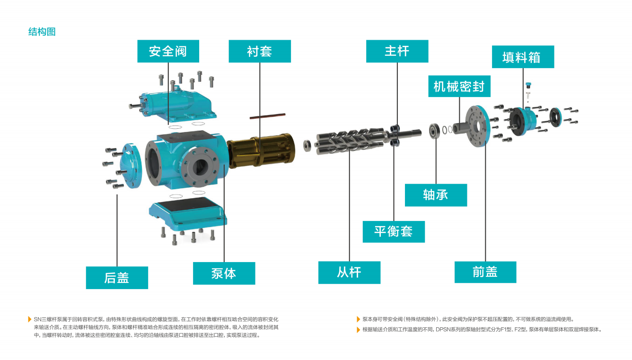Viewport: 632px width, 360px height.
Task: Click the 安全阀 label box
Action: (x=168, y=51)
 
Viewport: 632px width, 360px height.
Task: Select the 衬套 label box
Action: (x=260, y=51)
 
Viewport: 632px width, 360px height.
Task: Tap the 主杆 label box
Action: (x=397, y=51)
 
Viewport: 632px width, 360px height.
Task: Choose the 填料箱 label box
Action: (x=523, y=57)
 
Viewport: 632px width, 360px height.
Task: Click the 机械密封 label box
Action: (x=459, y=86)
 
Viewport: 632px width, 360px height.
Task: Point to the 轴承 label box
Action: (x=436, y=195)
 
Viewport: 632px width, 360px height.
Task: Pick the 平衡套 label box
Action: (x=394, y=232)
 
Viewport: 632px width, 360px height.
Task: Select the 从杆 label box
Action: (x=349, y=272)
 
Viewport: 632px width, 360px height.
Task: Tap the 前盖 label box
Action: (x=485, y=272)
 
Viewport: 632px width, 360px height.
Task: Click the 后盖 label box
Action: (x=117, y=278)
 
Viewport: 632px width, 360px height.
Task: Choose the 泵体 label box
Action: (x=224, y=273)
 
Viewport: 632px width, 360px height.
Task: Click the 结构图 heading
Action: (x=42, y=32)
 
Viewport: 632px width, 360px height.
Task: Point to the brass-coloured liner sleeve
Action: (x=261, y=150)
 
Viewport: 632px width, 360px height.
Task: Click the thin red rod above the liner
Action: (x=267, y=116)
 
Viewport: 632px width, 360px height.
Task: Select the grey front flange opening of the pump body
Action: (x=200, y=167)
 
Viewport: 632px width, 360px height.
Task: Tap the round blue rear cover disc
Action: (x=131, y=166)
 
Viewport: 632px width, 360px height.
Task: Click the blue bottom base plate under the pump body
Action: (x=188, y=213)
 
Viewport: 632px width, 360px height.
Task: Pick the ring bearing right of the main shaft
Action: (x=434, y=131)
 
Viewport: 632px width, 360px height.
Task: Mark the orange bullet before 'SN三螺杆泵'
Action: (x=30, y=319)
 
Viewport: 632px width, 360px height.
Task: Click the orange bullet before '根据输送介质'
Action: (x=358, y=330)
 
